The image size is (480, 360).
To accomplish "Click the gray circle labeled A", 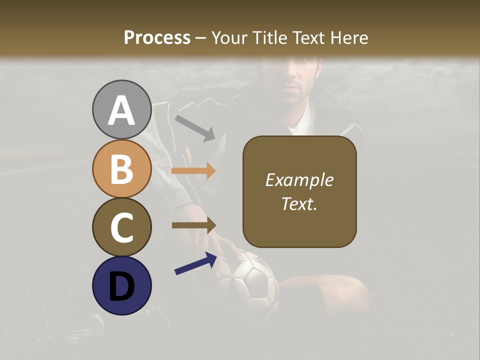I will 121,109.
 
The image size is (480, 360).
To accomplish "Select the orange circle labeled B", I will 121,168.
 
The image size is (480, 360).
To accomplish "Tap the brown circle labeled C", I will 121,227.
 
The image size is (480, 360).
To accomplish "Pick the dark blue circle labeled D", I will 121,285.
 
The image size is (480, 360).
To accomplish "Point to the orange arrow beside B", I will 193,170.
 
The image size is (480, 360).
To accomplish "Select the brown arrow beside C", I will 193,225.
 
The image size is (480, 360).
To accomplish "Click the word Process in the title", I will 157,37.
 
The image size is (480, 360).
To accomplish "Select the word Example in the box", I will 299,180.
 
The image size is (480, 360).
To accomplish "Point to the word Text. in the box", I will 299,203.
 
